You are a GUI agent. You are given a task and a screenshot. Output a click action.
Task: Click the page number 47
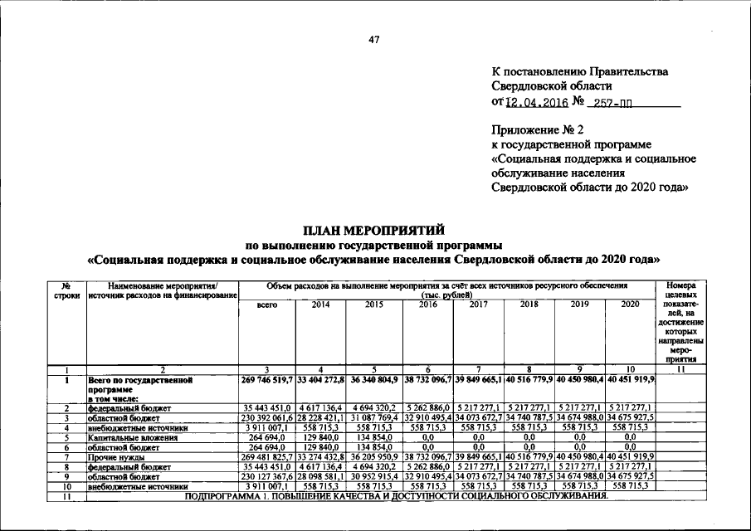[x=374, y=39]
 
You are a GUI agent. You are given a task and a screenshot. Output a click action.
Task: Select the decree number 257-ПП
[x=612, y=103]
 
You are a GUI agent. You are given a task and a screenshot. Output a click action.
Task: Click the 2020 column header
[x=630, y=304]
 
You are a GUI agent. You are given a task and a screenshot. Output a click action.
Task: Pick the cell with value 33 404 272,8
[x=320, y=379]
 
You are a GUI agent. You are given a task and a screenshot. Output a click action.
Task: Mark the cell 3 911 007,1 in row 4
[x=267, y=427]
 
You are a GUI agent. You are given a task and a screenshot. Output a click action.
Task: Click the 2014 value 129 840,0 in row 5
[x=320, y=436]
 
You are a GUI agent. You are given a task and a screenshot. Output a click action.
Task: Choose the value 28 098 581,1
[x=320, y=476]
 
